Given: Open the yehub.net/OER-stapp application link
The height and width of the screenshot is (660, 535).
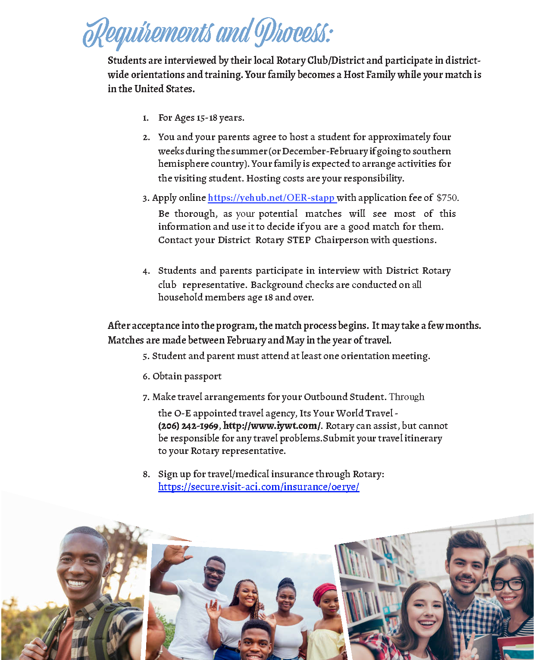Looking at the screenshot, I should pyautogui.click(x=271, y=198).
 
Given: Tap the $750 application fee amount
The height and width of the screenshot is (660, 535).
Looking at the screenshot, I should pyautogui.click(x=447, y=198).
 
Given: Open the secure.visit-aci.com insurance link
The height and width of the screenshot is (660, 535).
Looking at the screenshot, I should pyautogui.click(x=259, y=487).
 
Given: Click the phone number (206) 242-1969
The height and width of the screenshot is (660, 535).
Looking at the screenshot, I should pyautogui.click(x=188, y=426).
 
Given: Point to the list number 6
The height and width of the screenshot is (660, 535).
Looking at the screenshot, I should pyautogui.click(x=146, y=376).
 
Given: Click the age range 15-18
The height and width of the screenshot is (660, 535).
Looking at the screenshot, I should pyautogui.click(x=207, y=118).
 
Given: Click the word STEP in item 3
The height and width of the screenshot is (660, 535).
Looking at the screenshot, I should pyautogui.click(x=299, y=240).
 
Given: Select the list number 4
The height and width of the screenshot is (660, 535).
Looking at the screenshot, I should pyautogui.click(x=146, y=271).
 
